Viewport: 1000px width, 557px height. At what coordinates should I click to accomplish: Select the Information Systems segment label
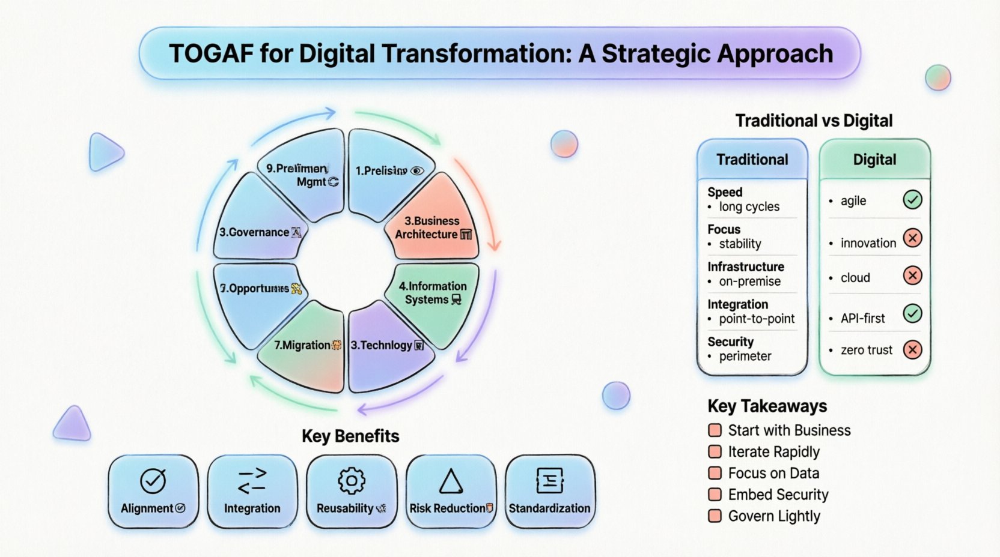pos(433,293)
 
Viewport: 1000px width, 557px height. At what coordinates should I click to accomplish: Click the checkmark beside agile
pos(912,199)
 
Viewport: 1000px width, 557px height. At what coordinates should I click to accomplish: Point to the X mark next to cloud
pos(912,275)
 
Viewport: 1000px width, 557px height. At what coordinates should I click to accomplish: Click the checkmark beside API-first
pos(912,313)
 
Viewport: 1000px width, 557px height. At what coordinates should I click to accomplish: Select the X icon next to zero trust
pos(912,349)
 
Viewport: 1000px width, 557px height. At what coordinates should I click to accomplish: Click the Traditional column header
pos(752,160)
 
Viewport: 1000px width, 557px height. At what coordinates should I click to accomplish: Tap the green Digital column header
pos(874,160)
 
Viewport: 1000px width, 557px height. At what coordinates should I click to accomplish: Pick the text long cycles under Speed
pos(749,207)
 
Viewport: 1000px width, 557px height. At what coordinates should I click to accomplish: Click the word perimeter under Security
pos(745,357)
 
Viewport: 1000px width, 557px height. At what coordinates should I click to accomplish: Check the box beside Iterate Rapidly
pos(715,451)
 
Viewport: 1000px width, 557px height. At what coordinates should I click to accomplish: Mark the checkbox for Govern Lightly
pos(715,516)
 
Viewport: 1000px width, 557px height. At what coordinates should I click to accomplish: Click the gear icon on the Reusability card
pos(352,480)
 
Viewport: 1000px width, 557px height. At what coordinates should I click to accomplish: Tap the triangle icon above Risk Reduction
pos(451,481)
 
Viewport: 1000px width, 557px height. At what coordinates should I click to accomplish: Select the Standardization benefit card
pos(550,491)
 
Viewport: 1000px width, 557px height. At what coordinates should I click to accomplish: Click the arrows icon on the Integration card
pos(252,480)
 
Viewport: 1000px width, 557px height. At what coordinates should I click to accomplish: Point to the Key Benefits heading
pos(350,436)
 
